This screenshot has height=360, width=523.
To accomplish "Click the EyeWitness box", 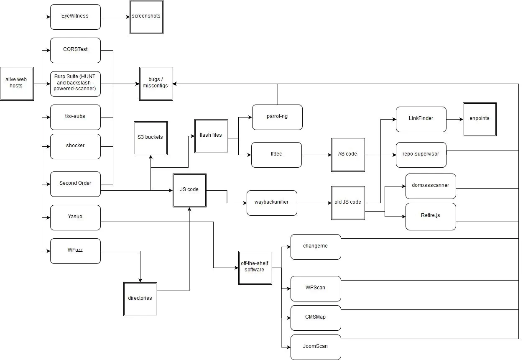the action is [x=75, y=17].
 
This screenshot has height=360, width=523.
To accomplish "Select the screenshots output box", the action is [x=146, y=17].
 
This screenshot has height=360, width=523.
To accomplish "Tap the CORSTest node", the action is [x=75, y=50].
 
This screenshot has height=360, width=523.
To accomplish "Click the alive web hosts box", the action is [x=17, y=84].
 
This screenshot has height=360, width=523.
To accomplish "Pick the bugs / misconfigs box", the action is [x=156, y=84].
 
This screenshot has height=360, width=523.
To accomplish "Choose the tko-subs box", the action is [x=75, y=117].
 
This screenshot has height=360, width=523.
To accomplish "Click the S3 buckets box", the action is [x=151, y=138].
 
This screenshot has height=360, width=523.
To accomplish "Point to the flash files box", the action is [x=211, y=136].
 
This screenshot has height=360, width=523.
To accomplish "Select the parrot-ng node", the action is [x=277, y=117].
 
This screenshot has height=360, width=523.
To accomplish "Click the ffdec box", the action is [x=276, y=155].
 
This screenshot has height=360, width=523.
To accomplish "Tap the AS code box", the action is [x=348, y=155].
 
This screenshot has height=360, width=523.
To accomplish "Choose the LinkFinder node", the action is [x=421, y=119].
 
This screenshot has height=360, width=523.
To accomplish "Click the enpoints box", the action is [x=480, y=119].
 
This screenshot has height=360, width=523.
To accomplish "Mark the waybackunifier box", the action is [x=272, y=203].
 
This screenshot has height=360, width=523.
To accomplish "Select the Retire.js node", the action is [x=431, y=217].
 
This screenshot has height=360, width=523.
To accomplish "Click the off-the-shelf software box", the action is [x=255, y=268].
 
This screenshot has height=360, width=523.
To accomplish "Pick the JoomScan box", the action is [x=316, y=347].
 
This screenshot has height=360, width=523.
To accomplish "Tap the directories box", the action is [x=140, y=299].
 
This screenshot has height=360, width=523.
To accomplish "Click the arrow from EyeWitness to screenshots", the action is [x=115, y=17].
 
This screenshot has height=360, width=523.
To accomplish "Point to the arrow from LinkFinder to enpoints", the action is [x=454, y=119].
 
